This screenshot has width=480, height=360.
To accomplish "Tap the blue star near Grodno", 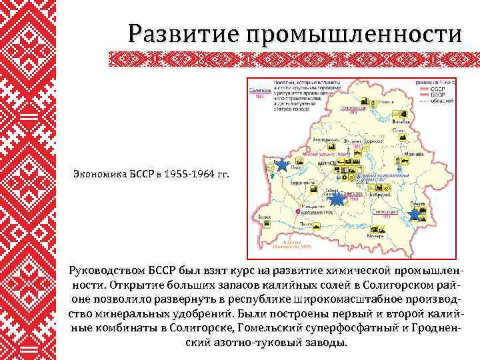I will [x=282, y=165].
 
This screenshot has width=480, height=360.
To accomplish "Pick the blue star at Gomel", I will [x=415, y=214].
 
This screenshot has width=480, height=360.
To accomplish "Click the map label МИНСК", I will [x=328, y=162].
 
